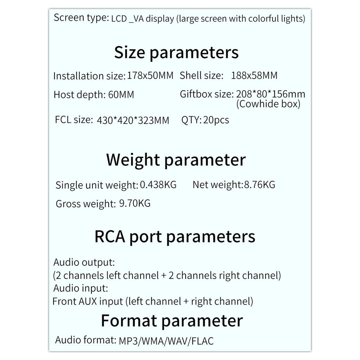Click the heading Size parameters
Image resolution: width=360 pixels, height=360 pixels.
point(176,53)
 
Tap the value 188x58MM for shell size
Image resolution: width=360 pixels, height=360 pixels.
point(254,76)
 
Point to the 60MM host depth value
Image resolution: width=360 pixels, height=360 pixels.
point(120,95)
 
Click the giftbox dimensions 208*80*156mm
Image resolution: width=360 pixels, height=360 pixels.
point(270,94)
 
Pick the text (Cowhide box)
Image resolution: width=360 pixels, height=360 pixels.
point(268,104)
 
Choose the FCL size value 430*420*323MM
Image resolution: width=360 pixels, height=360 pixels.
point(133,121)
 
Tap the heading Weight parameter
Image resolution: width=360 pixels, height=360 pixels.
point(176,160)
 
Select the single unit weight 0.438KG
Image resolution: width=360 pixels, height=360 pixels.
point(158,184)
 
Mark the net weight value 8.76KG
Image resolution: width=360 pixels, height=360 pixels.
point(259,184)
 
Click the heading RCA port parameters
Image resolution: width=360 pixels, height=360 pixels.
point(175,237)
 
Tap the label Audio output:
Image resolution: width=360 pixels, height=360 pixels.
point(84,263)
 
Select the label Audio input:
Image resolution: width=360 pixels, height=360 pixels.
point(81,289)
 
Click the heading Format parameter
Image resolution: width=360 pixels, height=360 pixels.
point(172,321)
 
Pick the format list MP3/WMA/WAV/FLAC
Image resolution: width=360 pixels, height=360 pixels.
point(166,341)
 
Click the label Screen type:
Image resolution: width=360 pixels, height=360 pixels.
point(81,18)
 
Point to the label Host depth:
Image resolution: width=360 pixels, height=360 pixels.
point(78,95)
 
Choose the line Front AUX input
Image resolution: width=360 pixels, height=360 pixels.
point(153,301)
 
